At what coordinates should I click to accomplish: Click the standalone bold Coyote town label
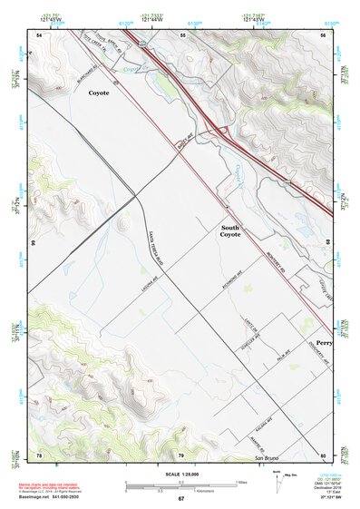100,93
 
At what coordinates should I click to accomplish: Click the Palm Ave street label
268,358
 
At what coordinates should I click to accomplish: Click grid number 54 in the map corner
39,34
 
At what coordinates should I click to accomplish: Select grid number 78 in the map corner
39,454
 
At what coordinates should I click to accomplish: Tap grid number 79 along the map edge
180,454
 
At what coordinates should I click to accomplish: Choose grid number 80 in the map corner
323,454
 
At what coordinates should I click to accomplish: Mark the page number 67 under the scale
180,499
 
